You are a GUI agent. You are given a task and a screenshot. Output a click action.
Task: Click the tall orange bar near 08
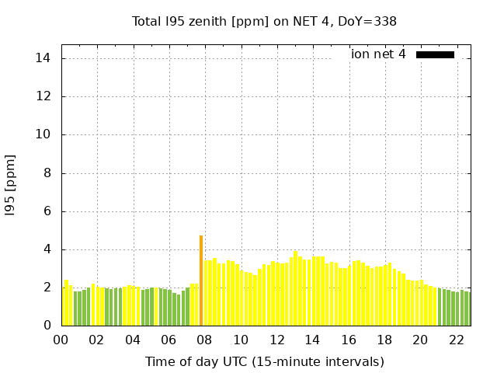coord(201,281)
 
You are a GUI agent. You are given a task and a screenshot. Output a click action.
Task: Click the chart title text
coord(264,21)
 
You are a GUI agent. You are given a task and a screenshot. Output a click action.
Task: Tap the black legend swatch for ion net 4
coord(435,54)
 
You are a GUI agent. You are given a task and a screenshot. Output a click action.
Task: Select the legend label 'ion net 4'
coord(378,54)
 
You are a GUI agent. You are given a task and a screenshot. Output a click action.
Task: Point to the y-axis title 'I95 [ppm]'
coord(10,185)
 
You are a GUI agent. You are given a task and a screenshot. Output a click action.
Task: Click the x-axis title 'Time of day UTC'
coord(264,361)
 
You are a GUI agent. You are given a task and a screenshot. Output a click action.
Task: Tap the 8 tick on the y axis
coord(47,173)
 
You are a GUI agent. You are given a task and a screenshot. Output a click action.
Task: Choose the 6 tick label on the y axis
coord(47,211)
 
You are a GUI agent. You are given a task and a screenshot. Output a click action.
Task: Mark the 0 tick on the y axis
coord(47,326)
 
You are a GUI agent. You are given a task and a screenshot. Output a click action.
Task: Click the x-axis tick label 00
coord(61,340)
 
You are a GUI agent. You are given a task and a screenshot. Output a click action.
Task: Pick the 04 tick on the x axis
coord(133,340)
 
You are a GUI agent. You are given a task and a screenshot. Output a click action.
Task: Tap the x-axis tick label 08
coord(205,340)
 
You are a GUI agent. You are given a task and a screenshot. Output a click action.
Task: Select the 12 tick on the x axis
coord(276,340)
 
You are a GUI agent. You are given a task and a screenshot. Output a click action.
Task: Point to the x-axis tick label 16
coord(349,340)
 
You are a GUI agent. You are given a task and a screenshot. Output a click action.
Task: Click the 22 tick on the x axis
coord(457,340)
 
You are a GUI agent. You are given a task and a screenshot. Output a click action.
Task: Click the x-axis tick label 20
coord(420,340)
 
